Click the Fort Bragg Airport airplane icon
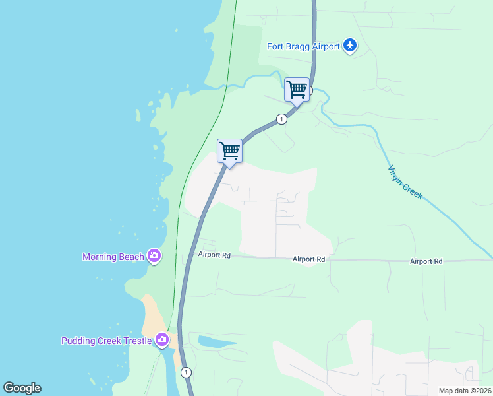pyautogui.click(x=350, y=46)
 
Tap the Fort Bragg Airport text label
pyautogui.click(x=303, y=46)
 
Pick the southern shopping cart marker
pyautogui.click(x=229, y=150)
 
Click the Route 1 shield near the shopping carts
pyautogui.click(x=281, y=119)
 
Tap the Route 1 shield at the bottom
pyautogui.click(x=187, y=372)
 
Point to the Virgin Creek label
pyautogui.click(x=405, y=183)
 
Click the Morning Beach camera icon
pyautogui.click(x=154, y=256)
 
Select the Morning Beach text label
pyautogui.click(x=113, y=257)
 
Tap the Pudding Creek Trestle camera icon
pyautogui.click(x=162, y=341)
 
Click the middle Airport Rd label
pyautogui.click(x=309, y=260)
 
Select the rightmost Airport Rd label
pyautogui.click(x=426, y=261)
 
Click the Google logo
pyautogui.click(x=22, y=388)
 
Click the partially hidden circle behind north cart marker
pyautogui.click(x=310, y=90)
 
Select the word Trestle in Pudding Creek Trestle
pyautogui.click(x=136, y=341)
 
